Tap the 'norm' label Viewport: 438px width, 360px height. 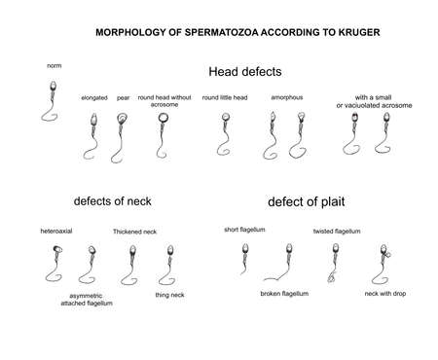pos(55,66)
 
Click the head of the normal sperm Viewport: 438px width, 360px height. pos(54,88)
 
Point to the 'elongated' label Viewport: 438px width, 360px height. pos(95,98)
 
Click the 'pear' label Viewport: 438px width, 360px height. pos(124,98)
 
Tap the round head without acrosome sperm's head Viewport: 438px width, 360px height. pos(162,120)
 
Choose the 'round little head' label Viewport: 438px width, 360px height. pos(224,98)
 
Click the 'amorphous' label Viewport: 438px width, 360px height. pos(285,98)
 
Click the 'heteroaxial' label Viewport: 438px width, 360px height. pos(56,232)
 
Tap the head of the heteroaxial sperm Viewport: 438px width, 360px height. pos(55,250)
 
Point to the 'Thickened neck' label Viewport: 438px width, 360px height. pos(134,232)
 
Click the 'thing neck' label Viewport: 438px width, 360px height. pos(170,295)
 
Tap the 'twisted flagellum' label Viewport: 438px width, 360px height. pos(337,232)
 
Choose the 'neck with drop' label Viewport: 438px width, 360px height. pos(385,293)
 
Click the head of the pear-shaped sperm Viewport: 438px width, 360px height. pos(123,119)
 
